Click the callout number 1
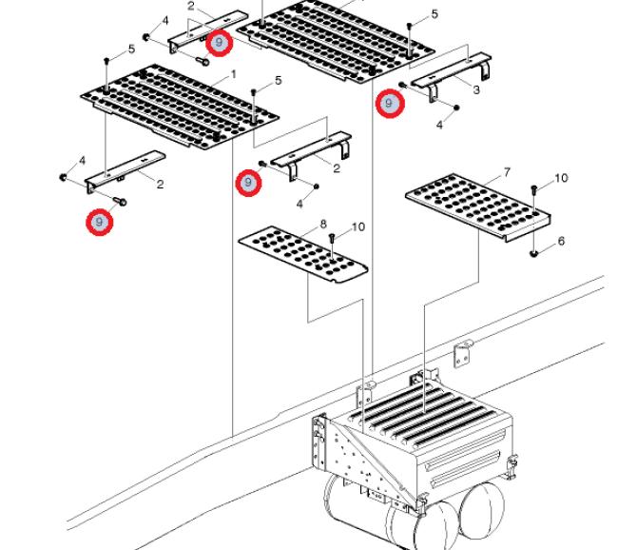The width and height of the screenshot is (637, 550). pos(233,75)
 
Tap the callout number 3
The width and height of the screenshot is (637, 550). pos(476,89)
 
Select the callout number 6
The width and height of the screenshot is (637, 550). pos(561,241)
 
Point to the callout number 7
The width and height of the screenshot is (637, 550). pos(507,173)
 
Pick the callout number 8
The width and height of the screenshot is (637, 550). pos(323,224)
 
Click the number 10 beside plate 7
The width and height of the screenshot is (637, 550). pos(561,178)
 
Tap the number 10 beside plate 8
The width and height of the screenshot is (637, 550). pos(357,226)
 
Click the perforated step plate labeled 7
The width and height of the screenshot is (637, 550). pos(478,207)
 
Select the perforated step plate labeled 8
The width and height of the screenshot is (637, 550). pos(303,254)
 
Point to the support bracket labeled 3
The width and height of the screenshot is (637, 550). pos(451,76)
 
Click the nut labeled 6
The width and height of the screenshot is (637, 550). pos(534,254)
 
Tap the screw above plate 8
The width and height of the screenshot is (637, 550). pos(332,243)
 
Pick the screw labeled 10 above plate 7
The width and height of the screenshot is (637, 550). pos(534,196)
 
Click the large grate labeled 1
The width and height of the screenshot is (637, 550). pos(180,106)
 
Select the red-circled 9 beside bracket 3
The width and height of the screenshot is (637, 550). pos(390,104)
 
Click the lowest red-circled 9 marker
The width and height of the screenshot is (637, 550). pos(99,222)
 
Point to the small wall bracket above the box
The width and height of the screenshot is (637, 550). pos(463,353)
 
